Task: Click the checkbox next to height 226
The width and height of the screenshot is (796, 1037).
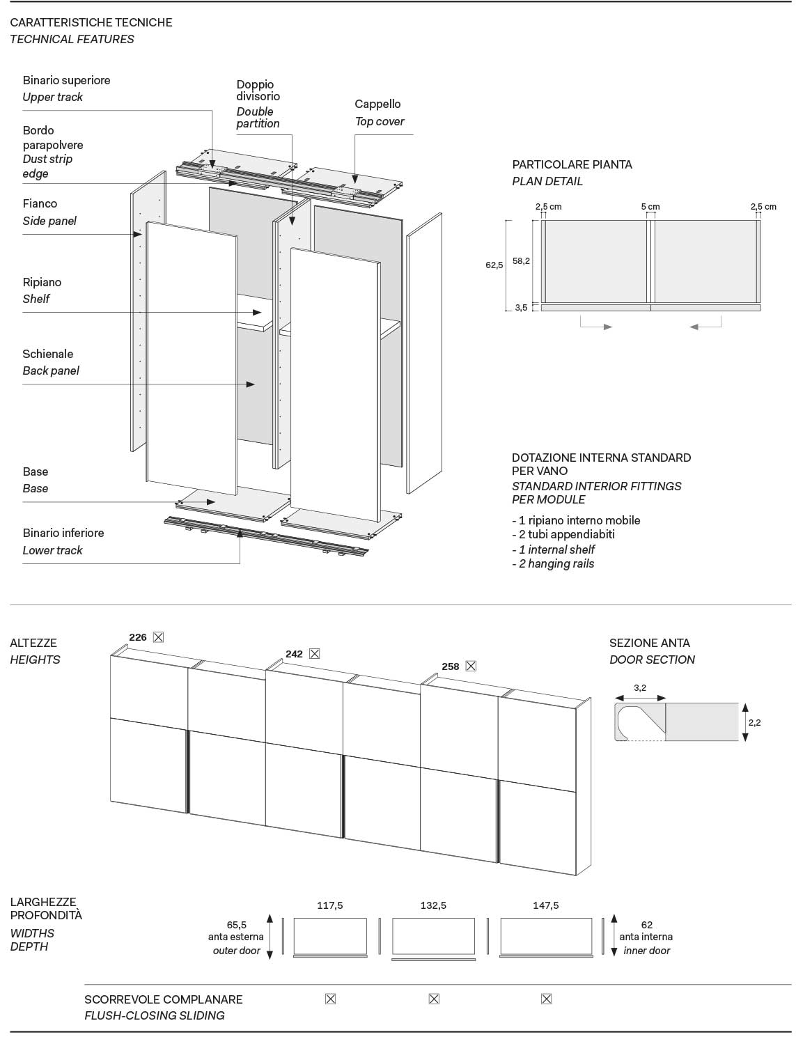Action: click(x=158, y=637)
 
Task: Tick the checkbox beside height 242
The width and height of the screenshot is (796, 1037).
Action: click(x=314, y=654)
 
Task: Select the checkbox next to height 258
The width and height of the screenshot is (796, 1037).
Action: click(x=471, y=666)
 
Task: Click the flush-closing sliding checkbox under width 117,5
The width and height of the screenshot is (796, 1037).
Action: click(x=330, y=999)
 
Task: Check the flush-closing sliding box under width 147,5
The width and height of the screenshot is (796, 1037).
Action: click(x=546, y=999)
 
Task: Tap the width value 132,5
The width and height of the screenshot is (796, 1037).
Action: click(x=433, y=906)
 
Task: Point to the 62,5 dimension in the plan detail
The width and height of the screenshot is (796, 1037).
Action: click(x=494, y=265)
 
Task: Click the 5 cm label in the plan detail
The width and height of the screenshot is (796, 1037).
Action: click(x=650, y=207)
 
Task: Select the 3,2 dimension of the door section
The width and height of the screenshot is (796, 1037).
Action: click(x=640, y=688)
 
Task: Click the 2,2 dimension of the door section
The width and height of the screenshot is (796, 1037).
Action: click(x=754, y=722)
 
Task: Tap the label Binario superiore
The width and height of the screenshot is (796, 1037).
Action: click(x=66, y=80)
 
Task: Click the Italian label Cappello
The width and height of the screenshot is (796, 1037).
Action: click(x=377, y=104)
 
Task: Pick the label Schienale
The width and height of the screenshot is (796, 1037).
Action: click(x=47, y=354)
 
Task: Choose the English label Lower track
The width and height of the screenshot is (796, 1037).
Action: click(x=52, y=550)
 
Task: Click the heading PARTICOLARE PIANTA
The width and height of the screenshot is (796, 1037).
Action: click(x=572, y=164)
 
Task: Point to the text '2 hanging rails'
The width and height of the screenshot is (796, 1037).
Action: click(x=556, y=563)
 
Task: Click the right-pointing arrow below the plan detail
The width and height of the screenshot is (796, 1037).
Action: click(x=607, y=327)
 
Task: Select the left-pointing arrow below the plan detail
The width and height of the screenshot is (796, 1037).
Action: click(x=694, y=327)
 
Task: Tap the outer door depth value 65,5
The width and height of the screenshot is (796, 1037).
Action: click(x=236, y=925)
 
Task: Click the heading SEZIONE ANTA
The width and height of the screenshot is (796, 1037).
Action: click(x=649, y=643)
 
